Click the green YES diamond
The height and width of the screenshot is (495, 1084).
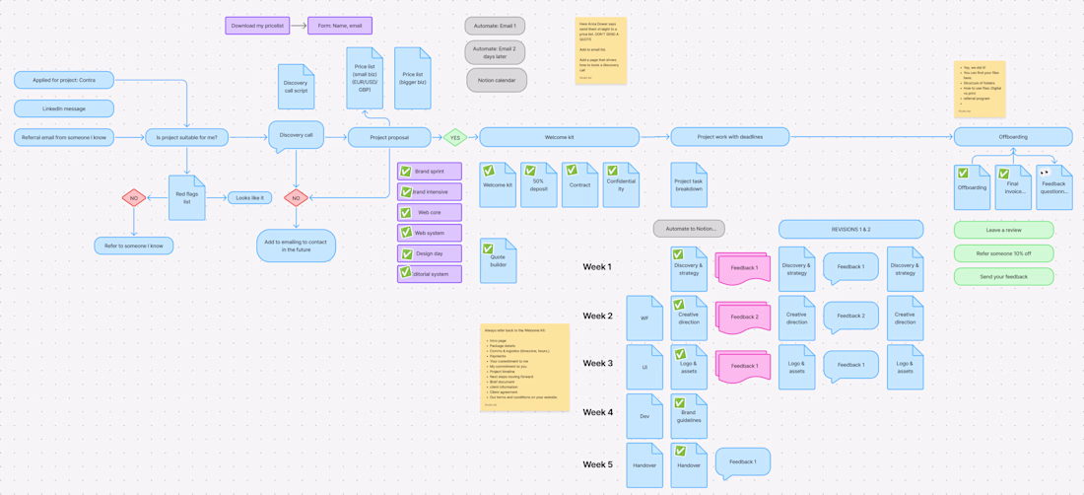click(x=454, y=138)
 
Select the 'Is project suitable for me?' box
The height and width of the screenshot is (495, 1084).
click(x=186, y=137)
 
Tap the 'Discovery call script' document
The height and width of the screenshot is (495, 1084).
click(x=296, y=87)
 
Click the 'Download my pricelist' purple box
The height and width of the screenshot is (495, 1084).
click(x=257, y=26)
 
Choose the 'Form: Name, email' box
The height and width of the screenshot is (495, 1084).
click(x=340, y=26)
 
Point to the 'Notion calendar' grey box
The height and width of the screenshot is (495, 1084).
click(x=496, y=80)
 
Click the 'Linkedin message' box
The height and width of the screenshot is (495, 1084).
click(x=64, y=108)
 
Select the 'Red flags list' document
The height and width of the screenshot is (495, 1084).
click(x=186, y=197)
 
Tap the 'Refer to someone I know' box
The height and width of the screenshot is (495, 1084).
click(x=134, y=246)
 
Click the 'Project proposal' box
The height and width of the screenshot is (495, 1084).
click(x=389, y=138)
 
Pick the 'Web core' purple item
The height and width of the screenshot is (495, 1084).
click(x=430, y=212)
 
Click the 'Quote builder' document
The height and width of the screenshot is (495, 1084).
click(x=498, y=261)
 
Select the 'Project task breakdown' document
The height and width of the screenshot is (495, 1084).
click(x=689, y=184)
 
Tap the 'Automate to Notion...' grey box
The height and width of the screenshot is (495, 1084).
click(x=689, y=229)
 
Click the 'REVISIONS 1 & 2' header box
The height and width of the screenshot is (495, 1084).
click(x=850, y=229)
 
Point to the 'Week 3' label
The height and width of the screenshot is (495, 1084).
click(x=597, y=364)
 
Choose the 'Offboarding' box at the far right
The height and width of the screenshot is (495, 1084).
click(x=1013, y=137)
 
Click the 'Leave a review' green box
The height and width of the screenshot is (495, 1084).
click(x=1003, y=230)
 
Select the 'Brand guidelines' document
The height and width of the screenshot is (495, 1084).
click(x=689, y=416)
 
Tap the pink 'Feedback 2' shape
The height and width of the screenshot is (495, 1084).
click(x=744, y=318)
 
